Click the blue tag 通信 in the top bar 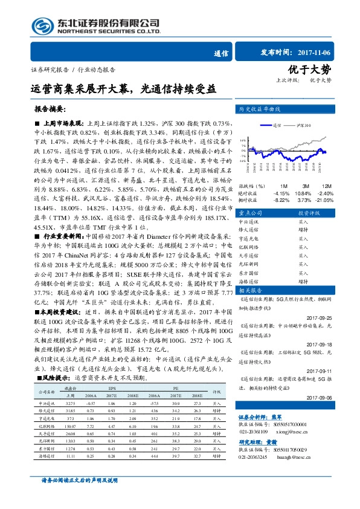click(221, 53)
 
